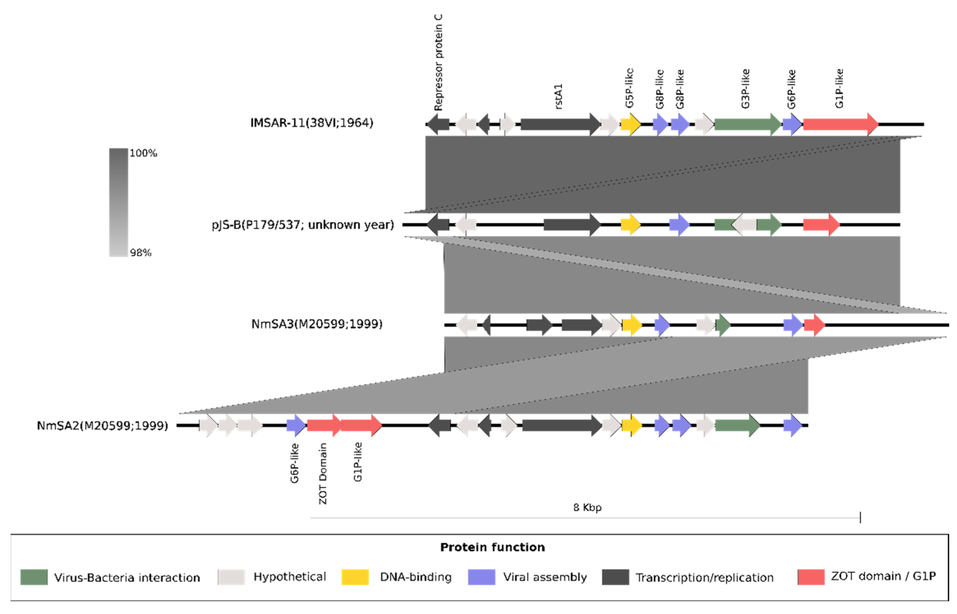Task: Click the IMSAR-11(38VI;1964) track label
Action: [312, 123]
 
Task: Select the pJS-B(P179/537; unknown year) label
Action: [302, 225]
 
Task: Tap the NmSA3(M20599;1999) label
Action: [317, 324]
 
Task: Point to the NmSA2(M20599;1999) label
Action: [102, 426]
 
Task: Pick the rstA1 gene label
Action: [559, 97]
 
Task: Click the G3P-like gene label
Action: [745, 88]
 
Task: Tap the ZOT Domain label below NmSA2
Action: [323, 474]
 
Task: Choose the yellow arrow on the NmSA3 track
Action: [632, 325]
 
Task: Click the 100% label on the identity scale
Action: [143, 153]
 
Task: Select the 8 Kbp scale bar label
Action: [587, 507]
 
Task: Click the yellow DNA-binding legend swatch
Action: [355, 577]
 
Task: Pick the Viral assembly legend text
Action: [545, 577]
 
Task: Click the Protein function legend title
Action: [492, 547]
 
